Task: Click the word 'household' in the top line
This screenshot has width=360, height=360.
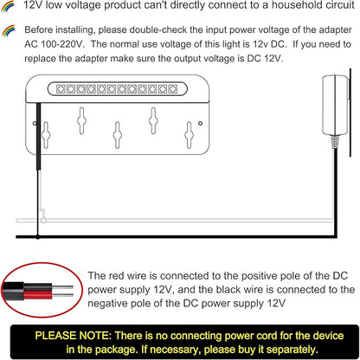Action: tap(292, 5)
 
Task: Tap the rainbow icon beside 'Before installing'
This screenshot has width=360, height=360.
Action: tap(8, 31)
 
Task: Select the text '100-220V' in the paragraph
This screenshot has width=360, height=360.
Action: tap(61, 44)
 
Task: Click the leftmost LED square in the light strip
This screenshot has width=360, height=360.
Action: tap(61, 89)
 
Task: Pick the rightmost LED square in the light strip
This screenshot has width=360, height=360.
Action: tap(173, 89)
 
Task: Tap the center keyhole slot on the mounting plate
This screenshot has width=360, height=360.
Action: tap(117, 135)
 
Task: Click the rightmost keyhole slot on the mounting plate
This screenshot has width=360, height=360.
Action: tap(189, 135)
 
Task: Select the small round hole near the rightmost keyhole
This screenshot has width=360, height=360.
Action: tap(200, 123)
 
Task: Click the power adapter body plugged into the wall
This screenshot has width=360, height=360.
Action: tap(335, 105)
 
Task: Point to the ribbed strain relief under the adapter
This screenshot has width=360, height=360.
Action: tap(335, 142)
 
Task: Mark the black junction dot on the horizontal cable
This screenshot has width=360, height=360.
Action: tap(38, 237)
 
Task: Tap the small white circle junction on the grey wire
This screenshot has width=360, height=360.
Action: tap(43, 221)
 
